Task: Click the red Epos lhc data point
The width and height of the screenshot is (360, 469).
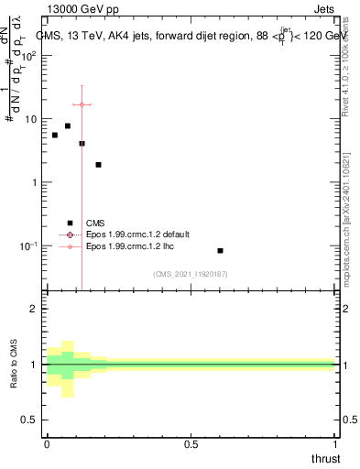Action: tap(82, 104)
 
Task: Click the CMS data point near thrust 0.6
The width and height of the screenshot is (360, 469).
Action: tap(220, 250)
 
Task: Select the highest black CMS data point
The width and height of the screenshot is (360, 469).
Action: tap(68, 125)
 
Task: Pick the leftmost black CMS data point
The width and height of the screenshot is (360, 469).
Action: tap(55, 135)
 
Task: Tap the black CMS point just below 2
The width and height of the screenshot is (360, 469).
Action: tap(98, 165)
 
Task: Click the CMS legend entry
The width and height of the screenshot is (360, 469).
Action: tap(95, 223)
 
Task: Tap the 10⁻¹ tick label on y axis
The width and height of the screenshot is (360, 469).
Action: tap(27, 246)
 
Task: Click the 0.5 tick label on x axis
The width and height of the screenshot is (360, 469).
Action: tap(191, 444)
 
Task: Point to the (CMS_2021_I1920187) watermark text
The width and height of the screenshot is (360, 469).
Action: tap(191, 273)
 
